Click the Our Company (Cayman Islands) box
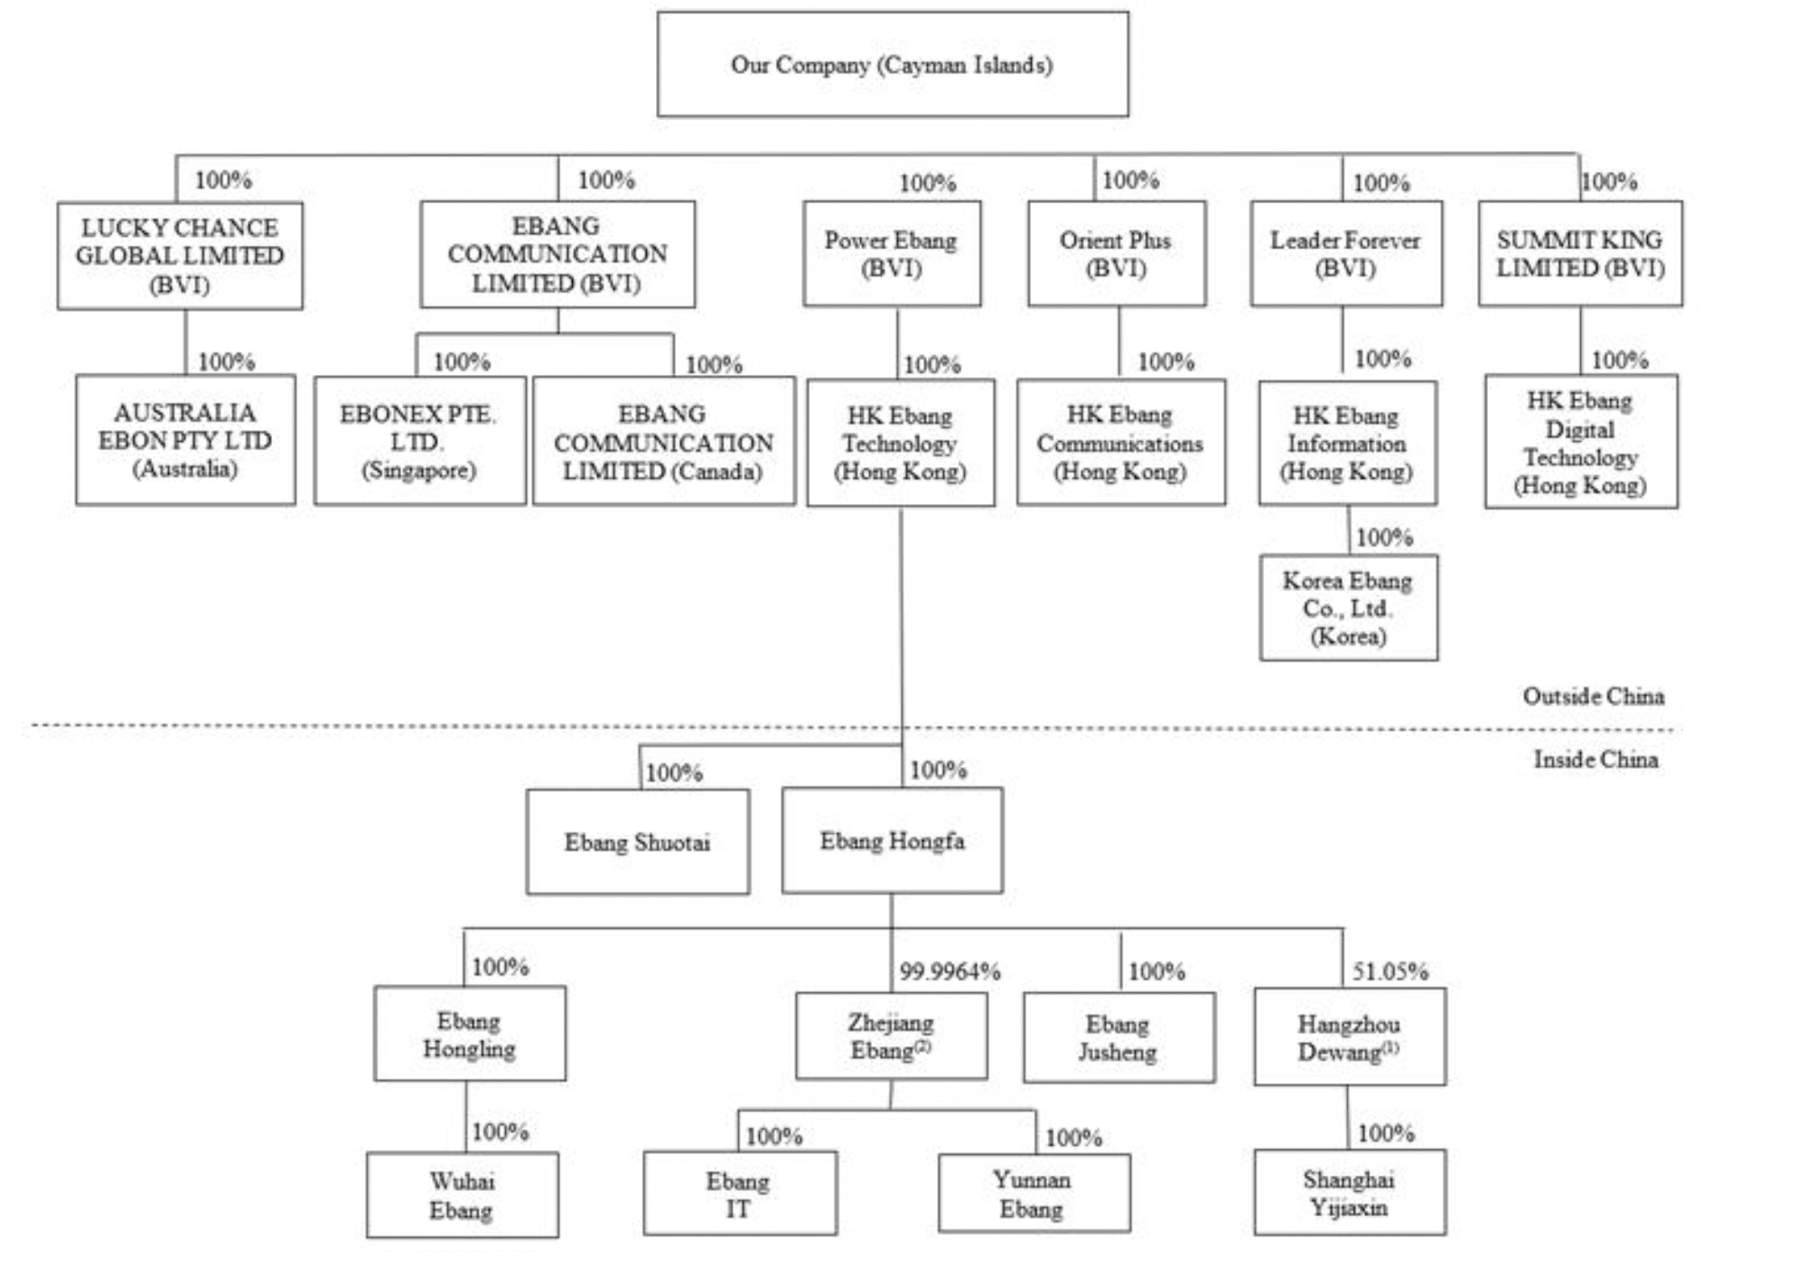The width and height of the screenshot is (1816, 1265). coord(892,64)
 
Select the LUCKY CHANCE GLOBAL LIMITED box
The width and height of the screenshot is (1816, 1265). coord(180,256)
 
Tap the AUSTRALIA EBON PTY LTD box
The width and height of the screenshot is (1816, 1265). coord(185,440)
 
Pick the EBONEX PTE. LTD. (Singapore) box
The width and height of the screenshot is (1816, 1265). coord(419,441)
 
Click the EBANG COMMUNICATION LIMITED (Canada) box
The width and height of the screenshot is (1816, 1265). coord(663,442)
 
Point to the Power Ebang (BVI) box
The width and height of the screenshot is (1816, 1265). coord(891,254)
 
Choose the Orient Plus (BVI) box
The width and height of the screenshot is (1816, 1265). coord(1116,254)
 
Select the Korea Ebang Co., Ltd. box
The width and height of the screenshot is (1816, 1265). coord(1348,607)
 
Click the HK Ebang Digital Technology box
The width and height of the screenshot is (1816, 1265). coord(1580,442)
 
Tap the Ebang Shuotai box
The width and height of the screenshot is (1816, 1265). coord(637,842)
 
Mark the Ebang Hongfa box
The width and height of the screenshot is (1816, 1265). coord(892,840)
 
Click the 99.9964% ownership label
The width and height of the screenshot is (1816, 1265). coord(950,972)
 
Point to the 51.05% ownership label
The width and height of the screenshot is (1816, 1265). coord(1390,972)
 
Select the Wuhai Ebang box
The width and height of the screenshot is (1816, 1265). coord(462,1195)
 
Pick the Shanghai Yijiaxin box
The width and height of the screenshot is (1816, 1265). coord(1349,1193)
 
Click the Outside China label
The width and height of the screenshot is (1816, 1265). coord(1593,696)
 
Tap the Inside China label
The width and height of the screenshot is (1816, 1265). coord(1596,759)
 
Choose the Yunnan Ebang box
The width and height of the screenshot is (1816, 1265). coord(1033,1193)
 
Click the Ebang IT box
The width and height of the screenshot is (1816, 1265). coord(739,1194)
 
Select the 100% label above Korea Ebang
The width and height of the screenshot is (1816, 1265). coord(1384,538)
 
